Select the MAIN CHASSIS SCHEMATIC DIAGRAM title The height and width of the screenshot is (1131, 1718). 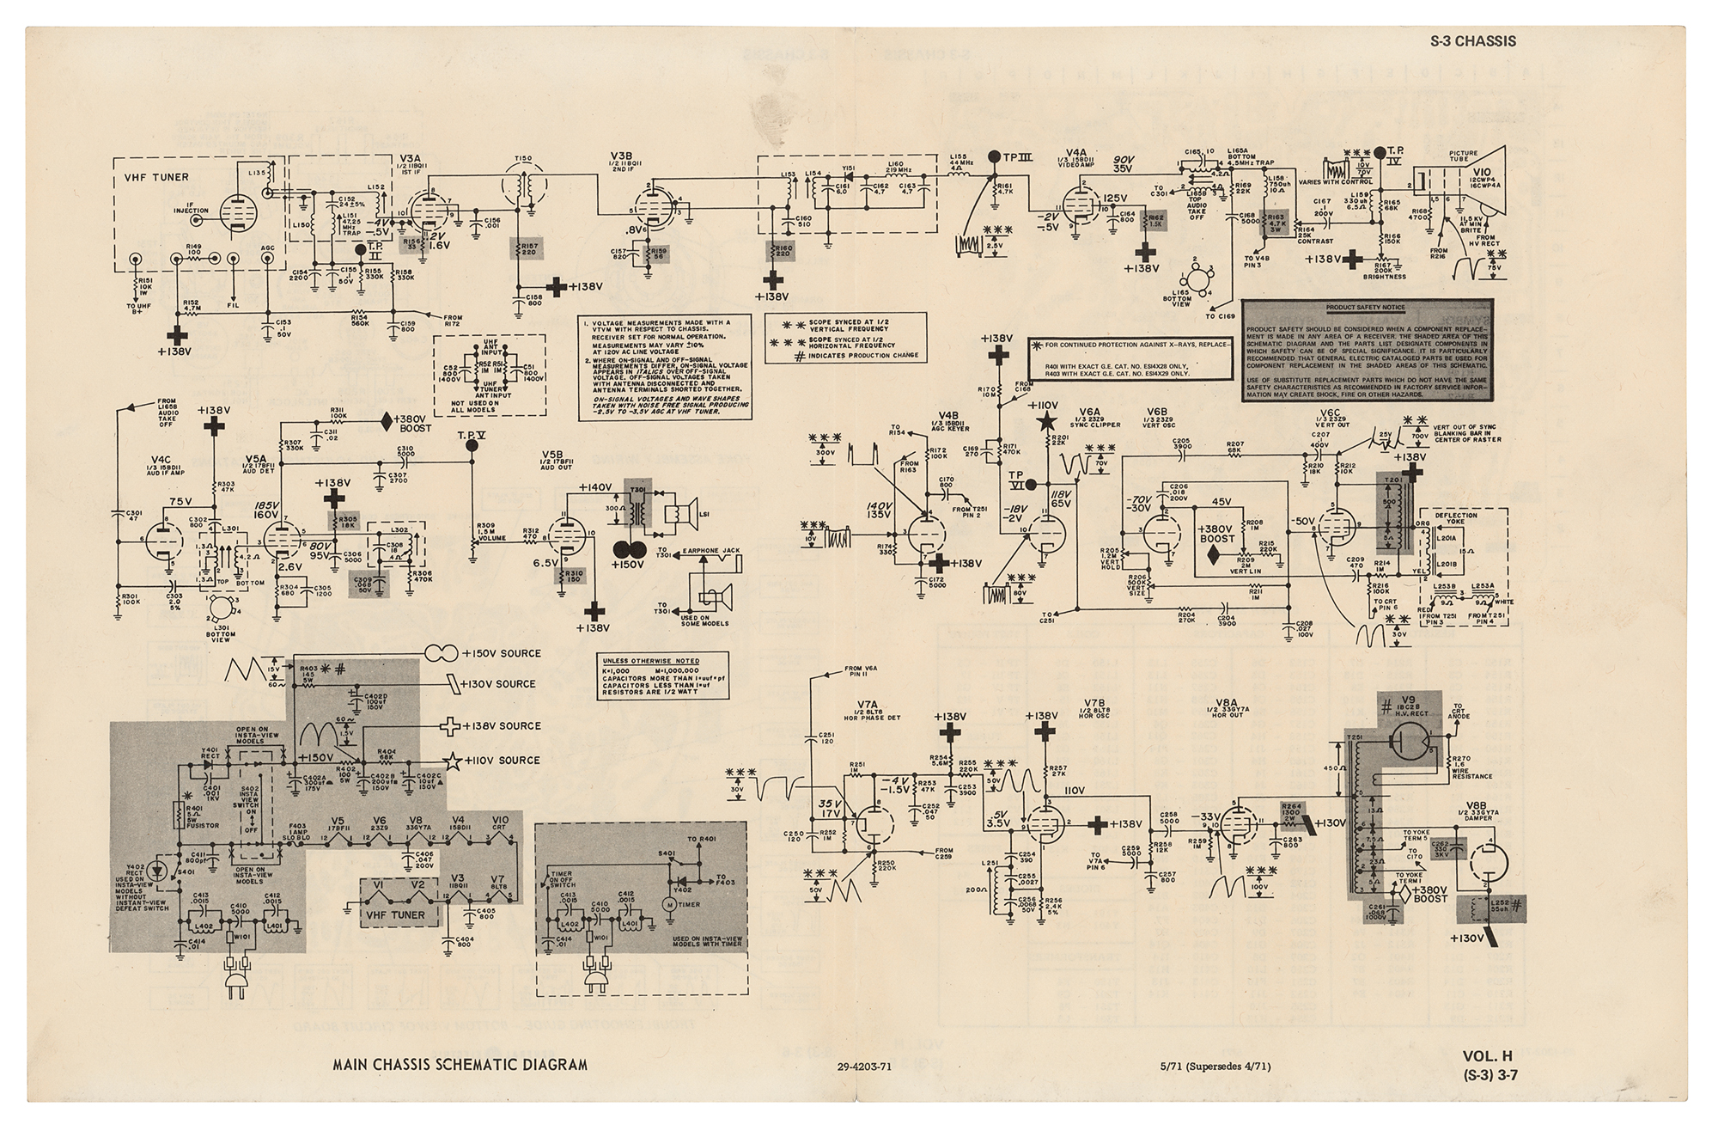(x=460, y=1064)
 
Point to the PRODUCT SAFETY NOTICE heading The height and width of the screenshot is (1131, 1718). (x=1365, y=307)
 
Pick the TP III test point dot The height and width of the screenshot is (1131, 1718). (x=996, y=156)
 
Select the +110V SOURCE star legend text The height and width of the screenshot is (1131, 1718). (x=502, y=761)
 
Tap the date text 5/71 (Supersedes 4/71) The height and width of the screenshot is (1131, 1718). (x=1214, y=1067)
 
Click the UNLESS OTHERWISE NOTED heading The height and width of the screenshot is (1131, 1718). (x=650, y=661)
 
